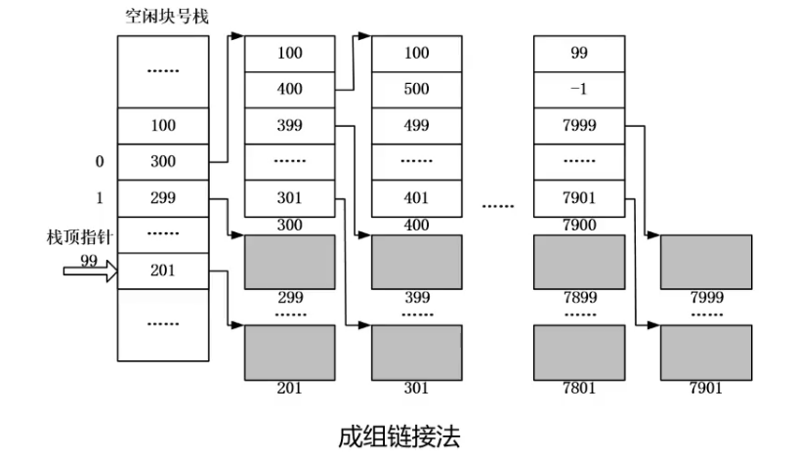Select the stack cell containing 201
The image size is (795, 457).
pos(162,270)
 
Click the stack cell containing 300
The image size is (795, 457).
pos(162,161)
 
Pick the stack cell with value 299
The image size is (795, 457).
pos(162,197)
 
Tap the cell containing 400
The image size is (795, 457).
pos(289,89)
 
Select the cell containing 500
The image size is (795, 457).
pos(416,89)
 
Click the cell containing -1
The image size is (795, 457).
pos(578,89)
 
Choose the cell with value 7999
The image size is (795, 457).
pos(578,125)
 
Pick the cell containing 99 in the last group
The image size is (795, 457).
pos(578,53)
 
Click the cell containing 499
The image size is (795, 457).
pos(416,125)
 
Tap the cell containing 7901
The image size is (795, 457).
pos(578,197)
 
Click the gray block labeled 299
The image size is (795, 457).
pos(289,262)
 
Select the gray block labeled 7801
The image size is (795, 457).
pos(578,352)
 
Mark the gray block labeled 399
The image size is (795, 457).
pos(416,262)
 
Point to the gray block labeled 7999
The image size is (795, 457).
pos(705,262)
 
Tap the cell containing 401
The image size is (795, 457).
pos(416,197)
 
